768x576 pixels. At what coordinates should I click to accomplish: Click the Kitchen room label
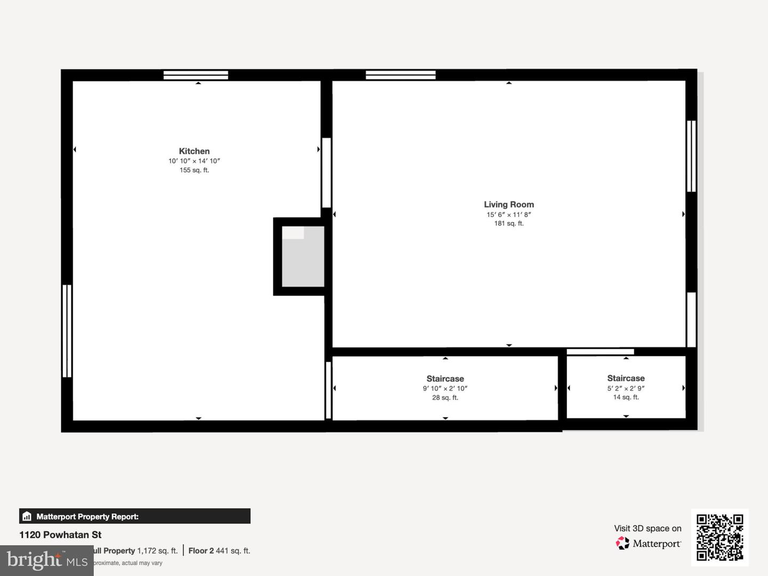(194, 151)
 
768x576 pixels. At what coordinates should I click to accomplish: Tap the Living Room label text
(509, 204)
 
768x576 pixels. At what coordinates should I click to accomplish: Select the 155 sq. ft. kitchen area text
(194, 170)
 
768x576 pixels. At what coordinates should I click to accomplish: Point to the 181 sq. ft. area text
(509, 223)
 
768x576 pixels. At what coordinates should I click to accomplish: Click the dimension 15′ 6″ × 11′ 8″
(509, 214)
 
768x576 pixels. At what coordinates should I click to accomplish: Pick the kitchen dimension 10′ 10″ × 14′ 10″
(194, 161)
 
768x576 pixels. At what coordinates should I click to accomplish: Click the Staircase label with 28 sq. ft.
(445, 379)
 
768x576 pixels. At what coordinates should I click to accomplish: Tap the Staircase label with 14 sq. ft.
(626, 378)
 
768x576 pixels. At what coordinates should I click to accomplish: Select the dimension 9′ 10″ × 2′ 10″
(445, 388)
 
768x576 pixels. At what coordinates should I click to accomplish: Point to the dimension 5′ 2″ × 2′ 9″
(626, 388)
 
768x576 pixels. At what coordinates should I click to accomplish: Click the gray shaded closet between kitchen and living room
(303, 257)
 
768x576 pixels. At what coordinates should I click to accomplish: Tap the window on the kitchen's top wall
(196, 75)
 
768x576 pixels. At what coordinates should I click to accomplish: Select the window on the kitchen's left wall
(67, 331)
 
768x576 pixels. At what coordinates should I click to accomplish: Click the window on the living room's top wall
(401, 75)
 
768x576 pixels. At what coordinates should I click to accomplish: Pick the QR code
(720, 537)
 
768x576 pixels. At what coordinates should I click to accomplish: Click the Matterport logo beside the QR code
(648, 543)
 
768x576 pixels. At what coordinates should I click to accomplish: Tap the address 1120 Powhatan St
(60, 535)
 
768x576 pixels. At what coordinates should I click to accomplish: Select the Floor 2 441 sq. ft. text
(219, 550)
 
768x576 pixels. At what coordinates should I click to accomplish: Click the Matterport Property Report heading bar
(134, 516)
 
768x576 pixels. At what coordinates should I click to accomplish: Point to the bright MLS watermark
(46, 560)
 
